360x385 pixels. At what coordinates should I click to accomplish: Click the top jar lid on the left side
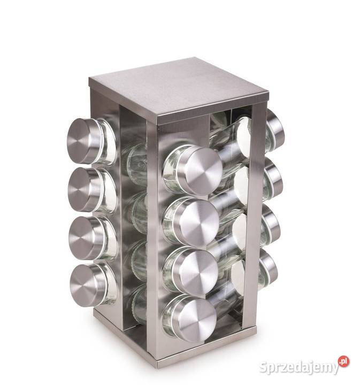click(x=83, y=141)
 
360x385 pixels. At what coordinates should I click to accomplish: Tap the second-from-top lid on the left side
click(x=85, y=190)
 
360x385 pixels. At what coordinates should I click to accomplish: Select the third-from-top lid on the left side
click(x=86, y=237)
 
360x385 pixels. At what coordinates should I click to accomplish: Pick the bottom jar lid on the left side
click(x=87, y=285)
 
